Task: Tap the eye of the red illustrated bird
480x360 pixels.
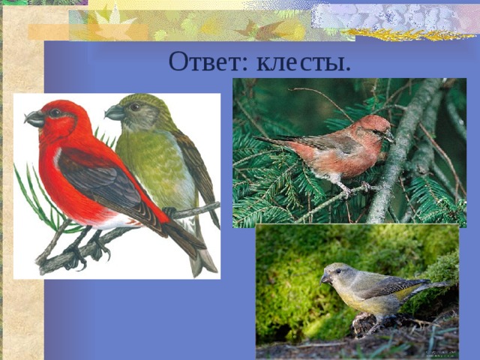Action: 55,113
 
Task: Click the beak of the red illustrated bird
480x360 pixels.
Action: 34,118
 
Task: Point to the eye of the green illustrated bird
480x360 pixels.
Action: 134,107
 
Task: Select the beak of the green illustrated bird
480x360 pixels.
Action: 114,112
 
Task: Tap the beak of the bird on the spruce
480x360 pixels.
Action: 389,136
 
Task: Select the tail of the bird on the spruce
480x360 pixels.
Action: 274,140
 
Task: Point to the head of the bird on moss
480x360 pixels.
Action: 335,273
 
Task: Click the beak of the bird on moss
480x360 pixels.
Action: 325,278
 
